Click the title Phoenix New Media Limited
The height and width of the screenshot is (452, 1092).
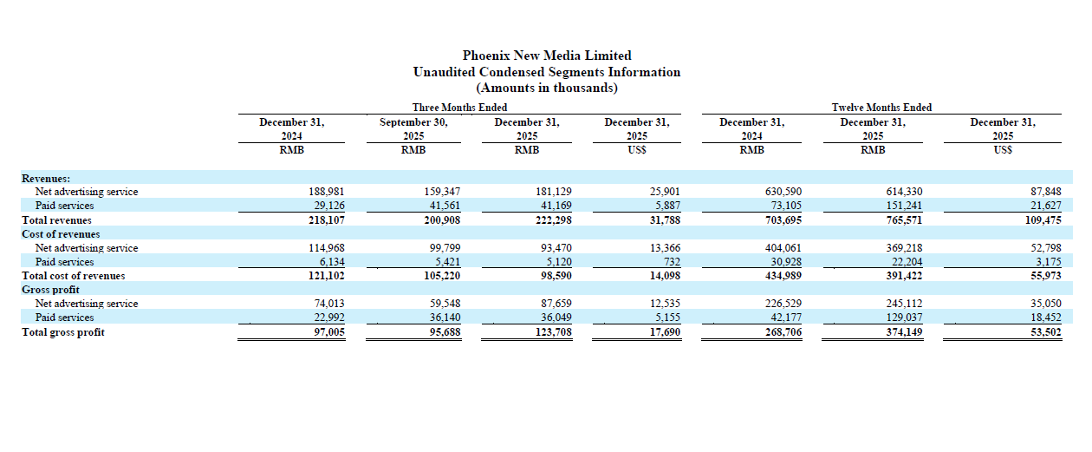[547, 56]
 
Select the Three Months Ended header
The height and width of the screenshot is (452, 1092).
[459, 108]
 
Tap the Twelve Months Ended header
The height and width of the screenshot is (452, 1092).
[881, 108]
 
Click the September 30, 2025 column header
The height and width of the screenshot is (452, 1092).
[413, 129]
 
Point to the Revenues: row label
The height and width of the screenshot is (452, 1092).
[46, 178]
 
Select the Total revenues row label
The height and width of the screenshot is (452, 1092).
[56, 220]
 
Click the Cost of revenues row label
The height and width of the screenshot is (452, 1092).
[61, 234]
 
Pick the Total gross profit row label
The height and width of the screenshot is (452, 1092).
[63, 332]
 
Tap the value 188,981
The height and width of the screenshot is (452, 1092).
[326, 192]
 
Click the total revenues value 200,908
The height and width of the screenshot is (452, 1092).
[442, 220]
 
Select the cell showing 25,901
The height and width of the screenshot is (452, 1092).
[665, 192]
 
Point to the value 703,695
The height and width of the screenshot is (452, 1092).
[783, 220]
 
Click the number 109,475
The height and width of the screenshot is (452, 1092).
[1043, 220]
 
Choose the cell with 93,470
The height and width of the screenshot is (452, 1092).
[556, 248]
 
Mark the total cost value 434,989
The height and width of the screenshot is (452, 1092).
[783, 276]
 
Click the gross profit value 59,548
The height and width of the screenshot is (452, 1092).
[445, 304]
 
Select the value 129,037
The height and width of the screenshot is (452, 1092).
[904, 318]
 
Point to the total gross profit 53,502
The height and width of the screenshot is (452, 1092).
[1046, 332]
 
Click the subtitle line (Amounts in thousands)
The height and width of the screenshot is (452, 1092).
[547, 88]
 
